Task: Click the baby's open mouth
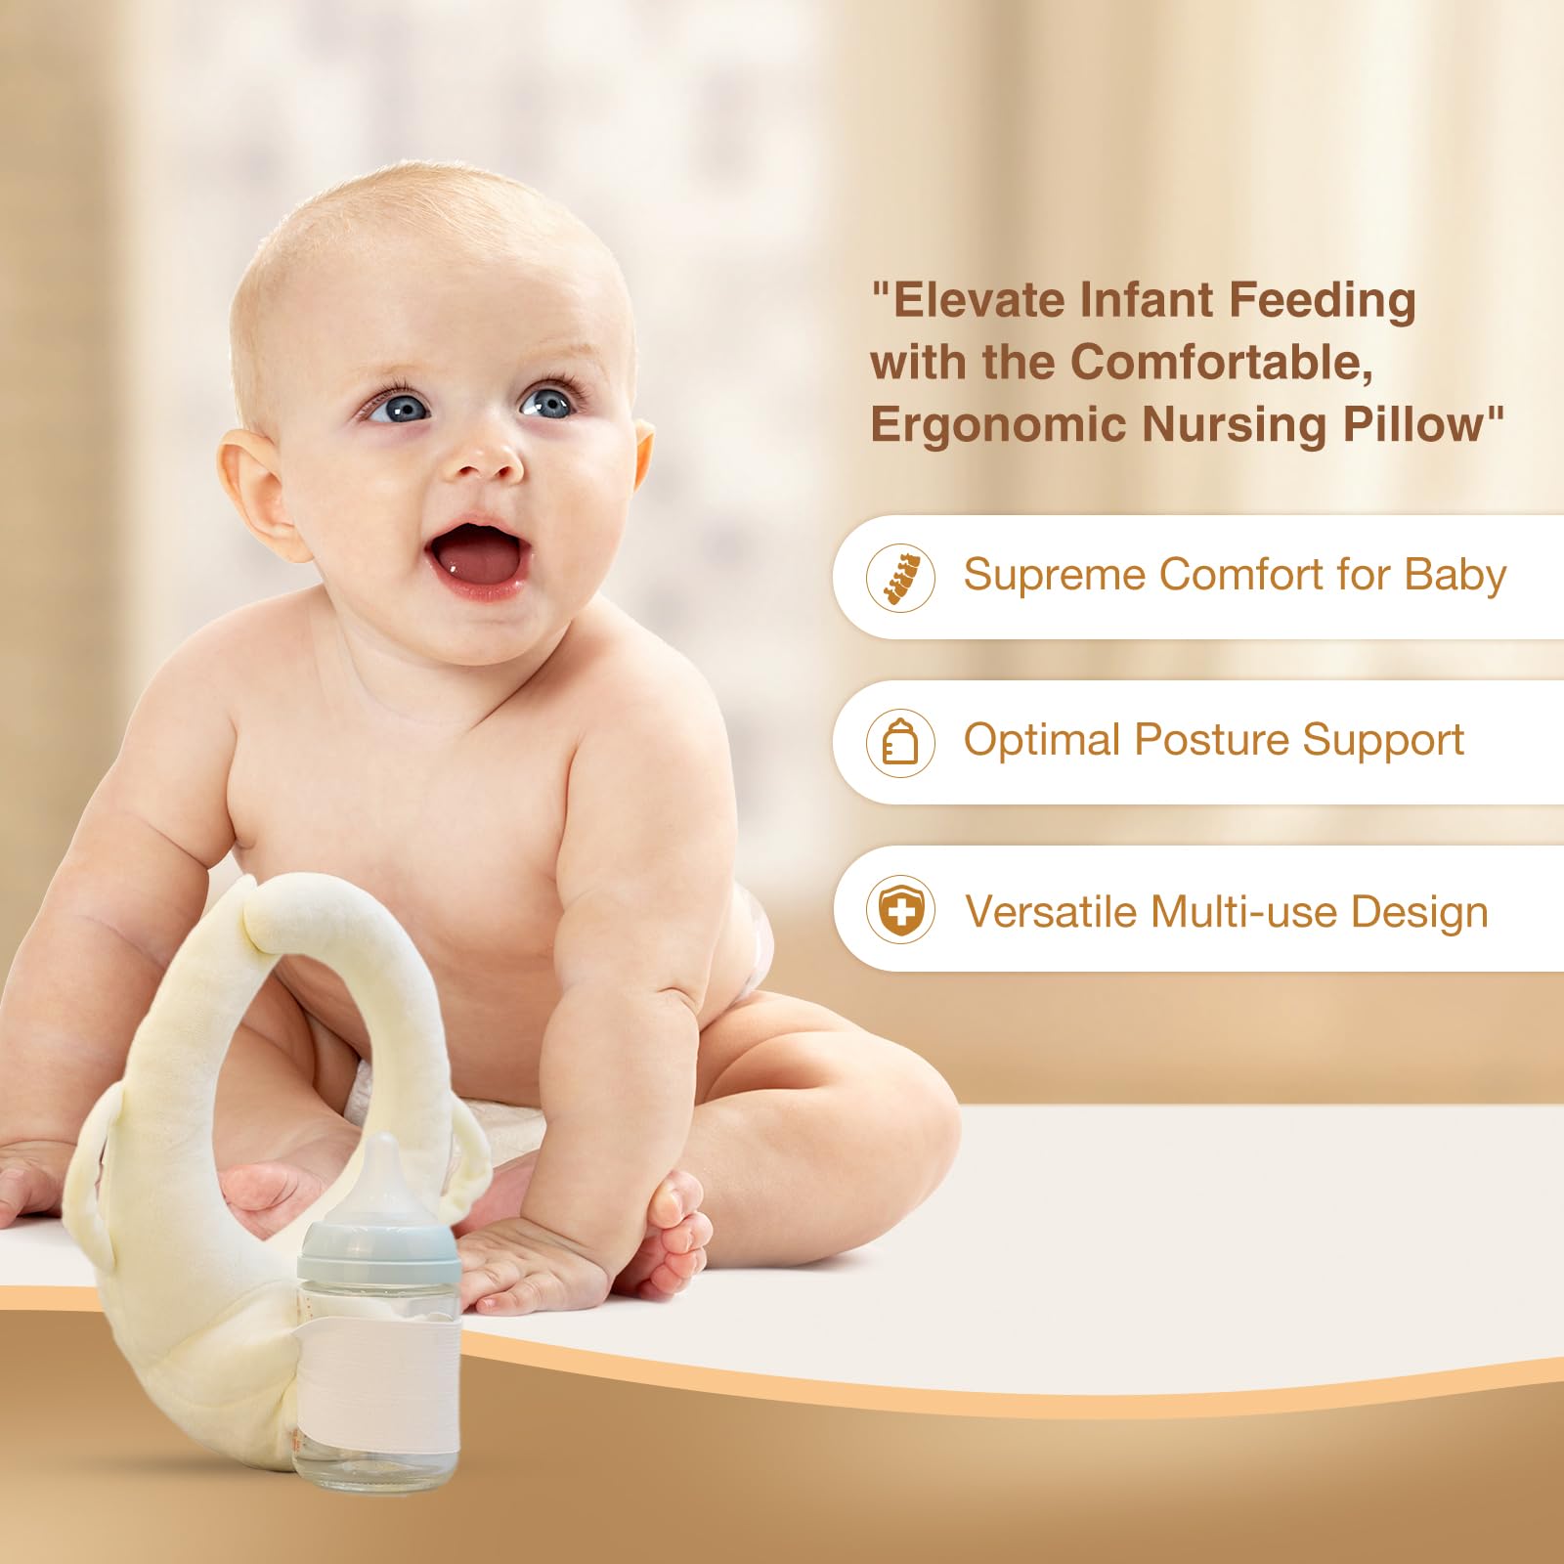478,559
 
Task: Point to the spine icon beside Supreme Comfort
900,578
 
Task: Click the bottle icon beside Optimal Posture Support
900,742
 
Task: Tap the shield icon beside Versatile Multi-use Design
900,909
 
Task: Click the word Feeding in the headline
1322,301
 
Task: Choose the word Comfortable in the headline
1222,362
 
